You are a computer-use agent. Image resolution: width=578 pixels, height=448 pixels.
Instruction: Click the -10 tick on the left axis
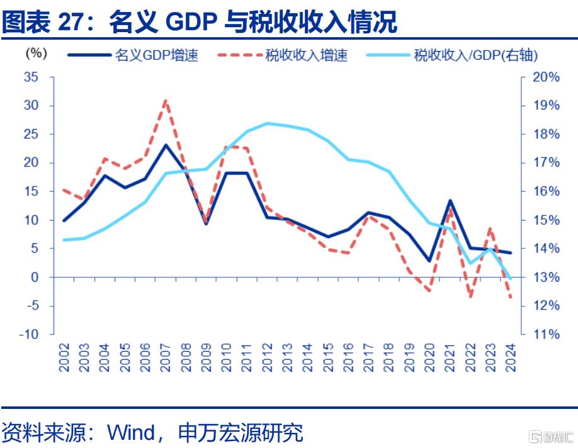point(28,334)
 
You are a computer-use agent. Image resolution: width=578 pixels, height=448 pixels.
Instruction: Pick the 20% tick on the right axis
point(545,77)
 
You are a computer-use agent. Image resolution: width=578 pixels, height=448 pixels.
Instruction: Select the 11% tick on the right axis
point(545,334)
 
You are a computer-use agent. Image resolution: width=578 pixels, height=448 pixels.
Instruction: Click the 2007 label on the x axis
point(166,357)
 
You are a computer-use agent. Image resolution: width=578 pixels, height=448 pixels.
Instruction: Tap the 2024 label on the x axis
point(510,357)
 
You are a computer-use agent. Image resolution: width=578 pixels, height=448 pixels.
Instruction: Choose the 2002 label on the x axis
point(64,357)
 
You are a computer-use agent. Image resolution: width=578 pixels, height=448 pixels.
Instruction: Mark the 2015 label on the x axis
point(327,357)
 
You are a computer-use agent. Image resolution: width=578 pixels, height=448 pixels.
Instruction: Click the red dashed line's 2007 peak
point(166,101)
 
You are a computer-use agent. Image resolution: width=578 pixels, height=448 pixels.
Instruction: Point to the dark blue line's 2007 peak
point(166,146)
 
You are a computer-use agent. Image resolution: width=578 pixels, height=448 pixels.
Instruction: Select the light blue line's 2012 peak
point(267,123)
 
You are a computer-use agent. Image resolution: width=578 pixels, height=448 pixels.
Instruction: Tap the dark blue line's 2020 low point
point(429,260)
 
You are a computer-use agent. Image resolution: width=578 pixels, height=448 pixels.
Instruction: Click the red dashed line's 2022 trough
point(470,296)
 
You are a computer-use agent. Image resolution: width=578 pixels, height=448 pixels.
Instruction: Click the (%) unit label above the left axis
point(37,54)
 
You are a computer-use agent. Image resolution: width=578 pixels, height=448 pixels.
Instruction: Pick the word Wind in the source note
point(132,433)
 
